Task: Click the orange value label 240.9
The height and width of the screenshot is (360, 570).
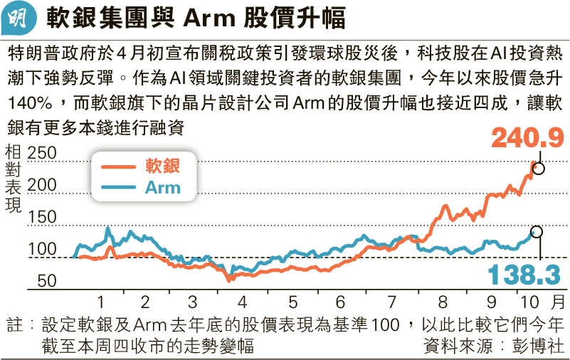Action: (x=527, y=136)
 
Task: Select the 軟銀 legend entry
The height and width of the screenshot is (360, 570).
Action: (x=163, y=167)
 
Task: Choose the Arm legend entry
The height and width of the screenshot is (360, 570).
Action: (x=163, y=188)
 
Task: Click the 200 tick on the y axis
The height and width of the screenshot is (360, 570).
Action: (x=43, y=185)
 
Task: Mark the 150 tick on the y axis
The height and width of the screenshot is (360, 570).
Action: (x=43, y=218)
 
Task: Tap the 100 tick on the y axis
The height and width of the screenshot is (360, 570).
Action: (x=43, y=250)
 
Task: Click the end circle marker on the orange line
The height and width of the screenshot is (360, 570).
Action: (x=539, y=169)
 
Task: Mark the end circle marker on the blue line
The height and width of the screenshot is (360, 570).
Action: (x=537, y=232)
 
